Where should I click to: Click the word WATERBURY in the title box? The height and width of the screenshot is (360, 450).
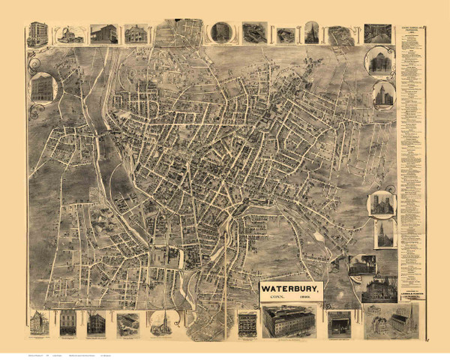pyautogui.click(x=291, y=287)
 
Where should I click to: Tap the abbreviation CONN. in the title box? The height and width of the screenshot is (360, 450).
pyautogui.click(x=276, y=298)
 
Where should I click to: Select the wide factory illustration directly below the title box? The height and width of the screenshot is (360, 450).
pyautogui.click(x=288, y=322)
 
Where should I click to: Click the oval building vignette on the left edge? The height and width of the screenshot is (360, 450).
pyautogui.click(x=43, y=88)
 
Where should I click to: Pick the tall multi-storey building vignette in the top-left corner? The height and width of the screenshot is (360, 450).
pyautogui.click(x=37, y=34)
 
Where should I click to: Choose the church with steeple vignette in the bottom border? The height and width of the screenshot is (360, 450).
pyautogui.click(x=159, y=323)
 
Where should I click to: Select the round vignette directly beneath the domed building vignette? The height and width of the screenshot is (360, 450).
pyautogui.click(x=382, y=95)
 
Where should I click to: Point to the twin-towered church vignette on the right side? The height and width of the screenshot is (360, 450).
pyautogui.click(x=381, y=203)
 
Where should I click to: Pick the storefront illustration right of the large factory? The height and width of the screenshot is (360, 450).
pyautogui.click(x=339, y=323)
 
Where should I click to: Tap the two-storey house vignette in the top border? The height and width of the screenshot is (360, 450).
pyautogui.click(x=135, y=34)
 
